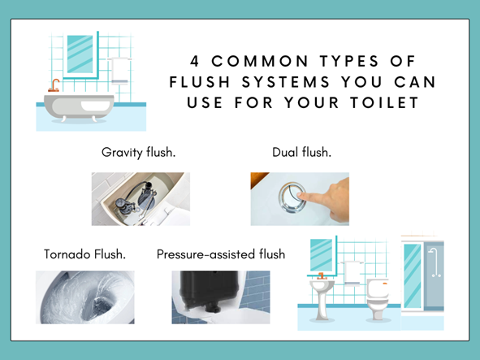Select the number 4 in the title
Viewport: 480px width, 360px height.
pos(194,61)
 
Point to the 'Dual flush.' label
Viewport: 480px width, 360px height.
pos(301,152)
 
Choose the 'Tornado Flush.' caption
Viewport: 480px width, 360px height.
pos(84,254)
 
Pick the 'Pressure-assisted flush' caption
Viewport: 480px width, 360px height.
pos(221,254)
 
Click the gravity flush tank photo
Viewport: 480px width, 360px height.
pos(140,198)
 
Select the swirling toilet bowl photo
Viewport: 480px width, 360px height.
pos(84,297)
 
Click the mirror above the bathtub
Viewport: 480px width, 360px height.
pos(80,54)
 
